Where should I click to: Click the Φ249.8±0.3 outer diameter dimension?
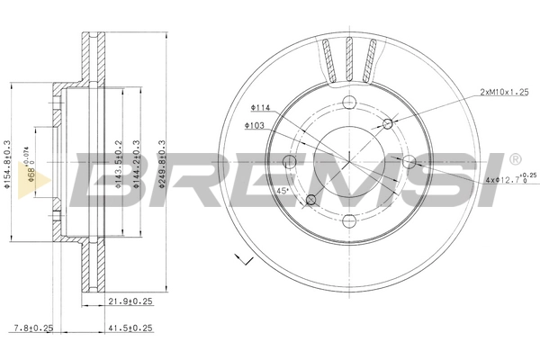coord(162,167)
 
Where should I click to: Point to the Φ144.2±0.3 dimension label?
coord(135,167)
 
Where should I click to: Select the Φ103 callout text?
coord(253,125)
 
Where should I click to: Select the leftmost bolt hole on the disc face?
coord(289,161)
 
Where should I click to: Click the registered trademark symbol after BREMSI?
coord(514,159)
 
